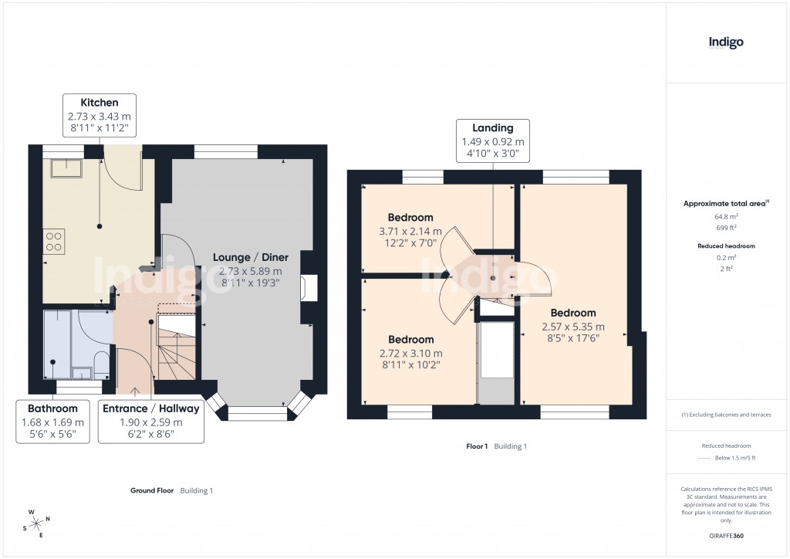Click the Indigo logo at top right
click(x=726, y=42)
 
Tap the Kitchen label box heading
click(x=100, y=102)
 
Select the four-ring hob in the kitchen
click(x=54, y=241)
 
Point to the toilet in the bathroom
click(x=100, y=363)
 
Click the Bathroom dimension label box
click(x=53, y=421)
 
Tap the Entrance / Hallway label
click(x=150, y=408)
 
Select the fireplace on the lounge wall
click(x=309, y=287)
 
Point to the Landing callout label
click(x=492, y=128)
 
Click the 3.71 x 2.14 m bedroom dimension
click(x=410, y=231)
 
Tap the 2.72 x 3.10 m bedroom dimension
click(x=410, y=354)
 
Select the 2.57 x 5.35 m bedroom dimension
click(x=573, y=326)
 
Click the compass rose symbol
click(x=37, y=523)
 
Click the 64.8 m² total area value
click(x=725, y=217)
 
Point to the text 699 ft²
click(x=725, y=228)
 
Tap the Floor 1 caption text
click(x=477, y=446)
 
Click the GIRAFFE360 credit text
click(x=726, y=535)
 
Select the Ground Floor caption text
click(x=151, y=490)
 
